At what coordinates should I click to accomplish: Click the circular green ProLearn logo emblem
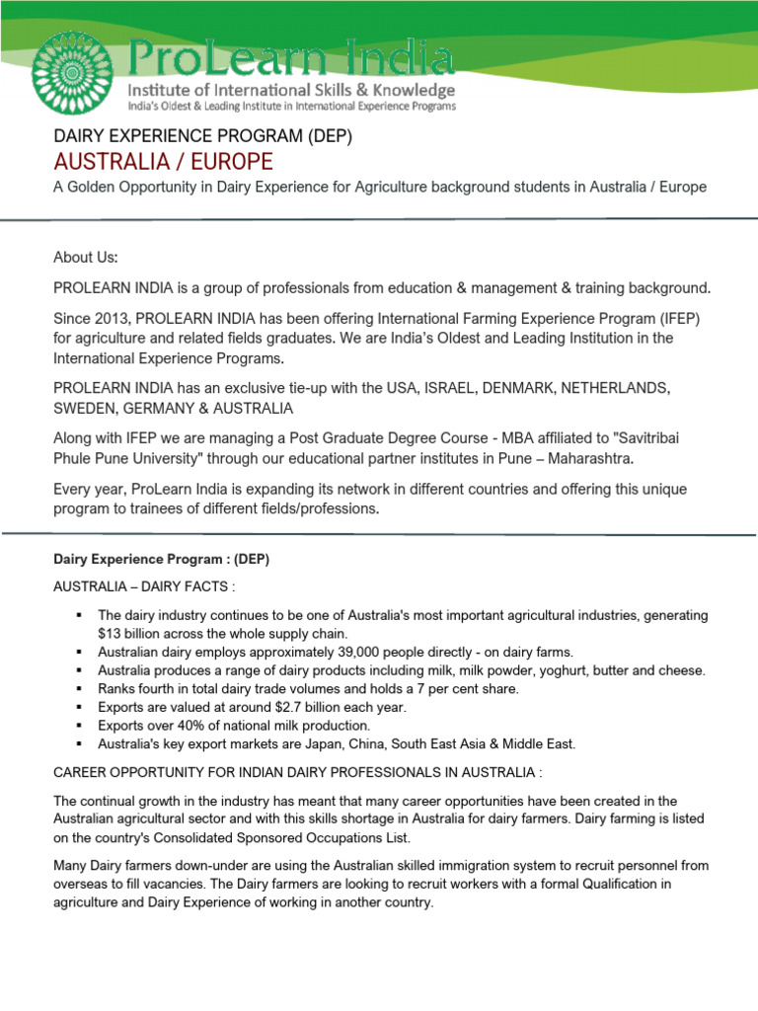73,71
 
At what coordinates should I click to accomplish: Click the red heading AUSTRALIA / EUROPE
163,162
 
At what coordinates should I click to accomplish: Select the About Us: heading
86,257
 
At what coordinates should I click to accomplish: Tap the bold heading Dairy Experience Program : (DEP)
161,560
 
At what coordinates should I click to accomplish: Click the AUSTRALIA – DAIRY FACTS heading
144,587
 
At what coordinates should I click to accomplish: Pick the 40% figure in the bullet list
199,726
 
